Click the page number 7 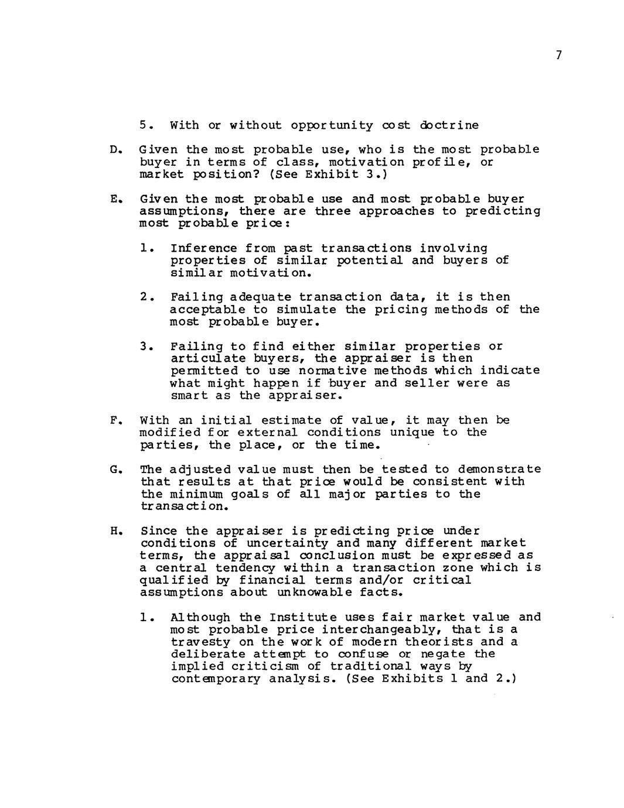tap(558, 56)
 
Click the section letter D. tap(114, 150)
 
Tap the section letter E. tap(114, 199)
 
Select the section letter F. tap(114, 420)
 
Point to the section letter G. tap(114, 470)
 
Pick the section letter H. tap(114, 532)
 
